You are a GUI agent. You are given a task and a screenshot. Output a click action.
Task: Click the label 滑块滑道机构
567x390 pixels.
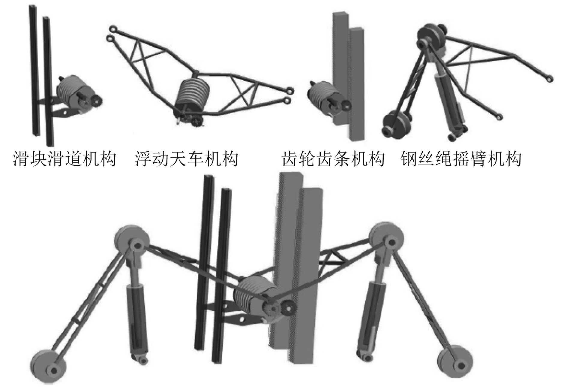click(64, 159)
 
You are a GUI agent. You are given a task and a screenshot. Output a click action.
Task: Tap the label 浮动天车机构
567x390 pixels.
click(187, 159)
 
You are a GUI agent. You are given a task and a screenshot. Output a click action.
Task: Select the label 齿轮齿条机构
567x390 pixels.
click(333, 159)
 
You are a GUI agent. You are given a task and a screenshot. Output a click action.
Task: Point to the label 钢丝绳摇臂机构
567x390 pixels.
click(461, 159)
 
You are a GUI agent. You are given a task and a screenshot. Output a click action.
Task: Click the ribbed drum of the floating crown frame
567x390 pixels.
click(191, 95)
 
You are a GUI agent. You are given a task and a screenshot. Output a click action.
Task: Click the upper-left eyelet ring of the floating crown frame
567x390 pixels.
click(113, 29)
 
